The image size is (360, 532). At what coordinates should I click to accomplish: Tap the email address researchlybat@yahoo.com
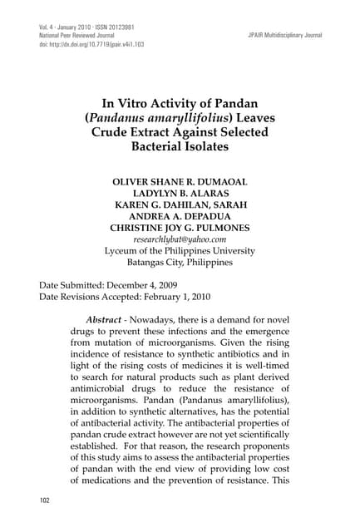pyautogui.click(x=180, y=238)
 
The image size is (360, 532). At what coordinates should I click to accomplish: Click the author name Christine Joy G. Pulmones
pyautogui.click(x=180, y=224)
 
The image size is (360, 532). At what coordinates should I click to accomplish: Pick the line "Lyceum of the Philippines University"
pyautogui.click(x=180, y=251)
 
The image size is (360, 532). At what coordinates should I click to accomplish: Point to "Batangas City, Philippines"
pyautogui.click(x=180, y=265)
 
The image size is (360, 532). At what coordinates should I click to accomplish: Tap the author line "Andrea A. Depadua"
pyautogui.click(x=180, y=209)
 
